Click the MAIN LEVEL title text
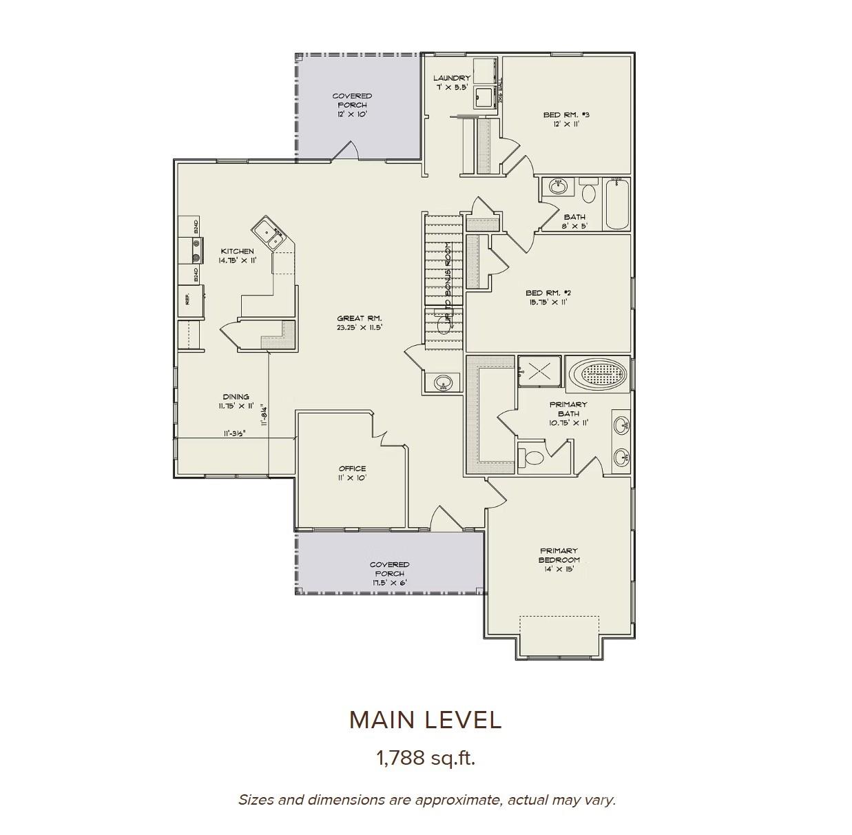[x=425, y=719]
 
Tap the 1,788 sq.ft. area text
[x=425, y=759]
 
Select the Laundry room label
[x=452, y=83]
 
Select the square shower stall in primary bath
[x=539, y=370]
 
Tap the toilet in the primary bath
[x=532, y=457]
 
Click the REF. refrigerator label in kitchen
[x=187, y=299]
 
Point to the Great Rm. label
[x=359, y=322]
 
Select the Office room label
[x=352, y=473]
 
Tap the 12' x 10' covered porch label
[x=352, y=105]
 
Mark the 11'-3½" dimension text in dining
[x=235, y=433]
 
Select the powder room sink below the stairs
[x=442, y=382]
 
